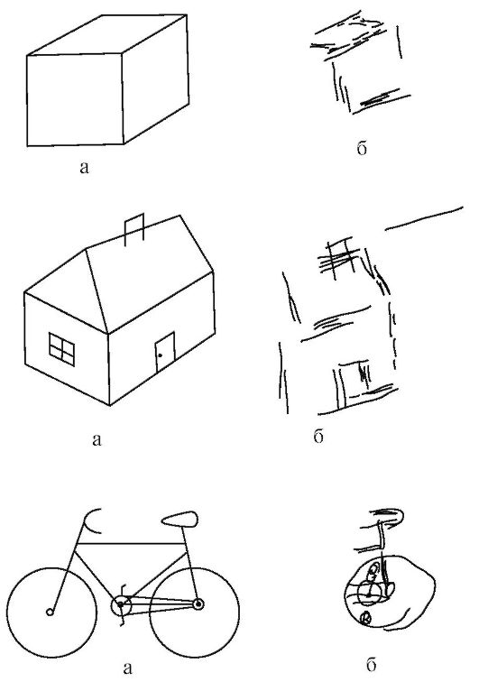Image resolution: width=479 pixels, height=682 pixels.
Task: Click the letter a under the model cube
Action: tap(84, 168)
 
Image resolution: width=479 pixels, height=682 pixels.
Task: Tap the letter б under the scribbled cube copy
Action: tap(362, 147)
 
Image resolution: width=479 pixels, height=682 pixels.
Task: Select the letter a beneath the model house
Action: tap(97, 440)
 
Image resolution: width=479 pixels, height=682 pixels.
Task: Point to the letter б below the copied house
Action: tap(318, 436)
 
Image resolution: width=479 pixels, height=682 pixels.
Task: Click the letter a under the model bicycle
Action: tap(127, 668)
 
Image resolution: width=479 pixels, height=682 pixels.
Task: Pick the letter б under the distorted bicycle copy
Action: tap(371, 664)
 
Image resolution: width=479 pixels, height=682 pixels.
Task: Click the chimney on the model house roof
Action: tap(134, 230)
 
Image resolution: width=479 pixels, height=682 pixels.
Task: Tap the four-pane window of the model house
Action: tap(61, 349)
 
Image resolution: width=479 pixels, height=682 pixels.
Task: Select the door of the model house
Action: tap(165, 352)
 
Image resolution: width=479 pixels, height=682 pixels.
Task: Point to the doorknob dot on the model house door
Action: tap(160, 355)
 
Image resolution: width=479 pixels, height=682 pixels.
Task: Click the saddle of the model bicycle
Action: tap(180, 518)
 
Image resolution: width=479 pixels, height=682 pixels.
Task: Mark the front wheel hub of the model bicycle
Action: tap(50, 612)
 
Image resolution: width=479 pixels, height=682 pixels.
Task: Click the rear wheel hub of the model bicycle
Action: tap(198, 604)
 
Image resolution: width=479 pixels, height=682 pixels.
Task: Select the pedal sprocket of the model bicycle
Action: tap(121, 604)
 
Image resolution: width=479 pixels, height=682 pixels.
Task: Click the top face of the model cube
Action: tap(107, 35)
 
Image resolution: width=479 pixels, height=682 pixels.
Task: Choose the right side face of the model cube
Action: tap(155, 79)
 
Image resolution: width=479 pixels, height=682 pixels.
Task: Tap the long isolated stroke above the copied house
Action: tap(424, 218)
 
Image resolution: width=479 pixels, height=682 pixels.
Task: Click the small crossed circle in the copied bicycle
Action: tap(366, 618)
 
